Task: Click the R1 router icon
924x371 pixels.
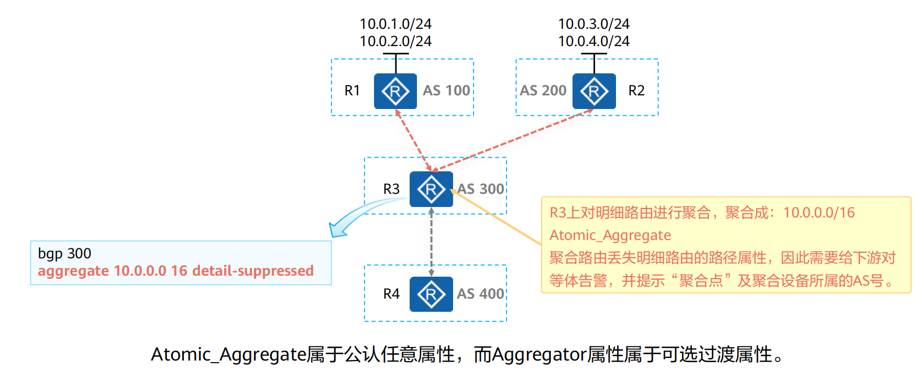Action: pos(395,91)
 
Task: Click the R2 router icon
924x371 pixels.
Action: pos(593,91)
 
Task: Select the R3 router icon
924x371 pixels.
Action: pos(431,189)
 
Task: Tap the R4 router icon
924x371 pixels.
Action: pos(431,294)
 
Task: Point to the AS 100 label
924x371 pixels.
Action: pos(446,91)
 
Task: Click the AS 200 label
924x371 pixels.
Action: pos(543,91)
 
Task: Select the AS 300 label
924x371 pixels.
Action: pos(480,189)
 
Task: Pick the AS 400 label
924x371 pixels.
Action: pos(480,294)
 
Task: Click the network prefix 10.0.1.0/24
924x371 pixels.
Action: pos(395,24)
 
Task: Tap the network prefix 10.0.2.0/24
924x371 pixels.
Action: pos(395,41)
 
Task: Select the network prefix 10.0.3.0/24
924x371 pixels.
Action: pos(593,24)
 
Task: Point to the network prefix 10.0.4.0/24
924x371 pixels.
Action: pos(593,41)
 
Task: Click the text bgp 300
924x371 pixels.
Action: pos(64,254)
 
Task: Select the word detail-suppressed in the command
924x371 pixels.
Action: pos(253,271)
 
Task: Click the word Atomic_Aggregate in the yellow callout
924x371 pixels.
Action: pos(610,235)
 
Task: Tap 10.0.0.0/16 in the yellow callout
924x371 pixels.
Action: pos(819,213)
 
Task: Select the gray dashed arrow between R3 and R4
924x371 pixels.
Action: pos(431,241)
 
